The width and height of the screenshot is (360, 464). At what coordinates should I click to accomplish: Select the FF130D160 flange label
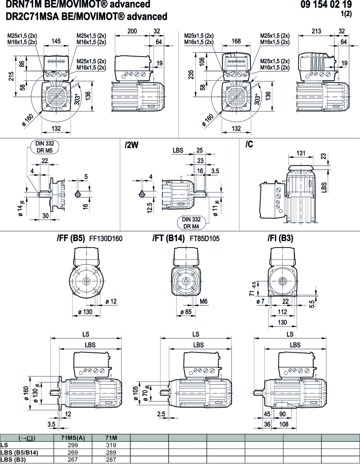click(106, 239)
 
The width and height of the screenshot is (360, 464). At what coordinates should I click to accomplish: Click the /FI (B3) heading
click(280, 238)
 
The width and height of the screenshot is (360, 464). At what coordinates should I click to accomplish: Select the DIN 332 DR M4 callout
click(191, 222)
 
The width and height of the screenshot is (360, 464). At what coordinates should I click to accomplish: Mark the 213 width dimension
click(317, 31)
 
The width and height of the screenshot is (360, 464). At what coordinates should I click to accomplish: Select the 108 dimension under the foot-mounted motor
click(284, 424)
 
